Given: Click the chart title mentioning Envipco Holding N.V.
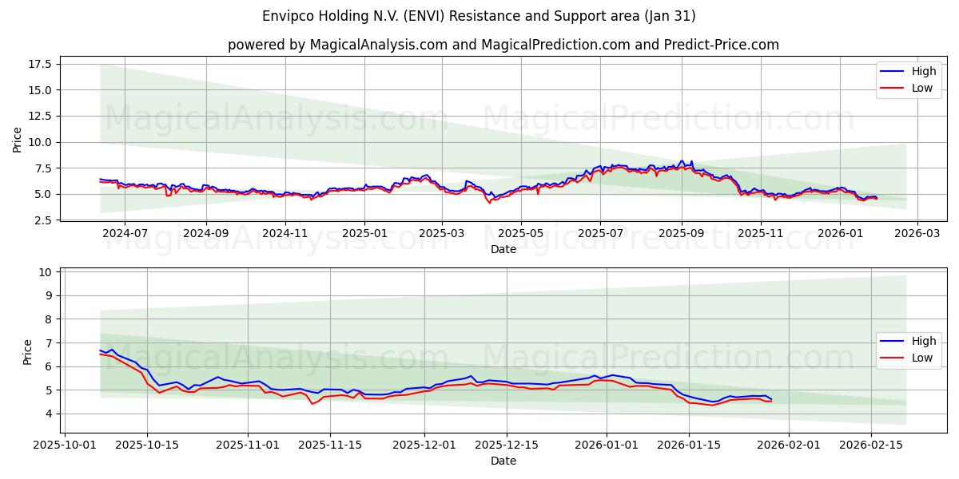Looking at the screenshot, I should (479, 16).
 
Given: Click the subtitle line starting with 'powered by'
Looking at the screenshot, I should (503, 45).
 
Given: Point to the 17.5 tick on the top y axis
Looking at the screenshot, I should (40, 64).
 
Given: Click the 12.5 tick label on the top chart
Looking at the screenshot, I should (40, 116).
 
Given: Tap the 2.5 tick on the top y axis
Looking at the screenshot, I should (43, 220).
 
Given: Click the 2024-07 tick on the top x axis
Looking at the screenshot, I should (125, 234).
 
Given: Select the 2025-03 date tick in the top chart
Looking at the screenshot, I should (442, 234).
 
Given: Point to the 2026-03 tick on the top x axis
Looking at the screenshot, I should (917, 234).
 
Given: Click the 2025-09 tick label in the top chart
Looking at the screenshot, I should (681, 234).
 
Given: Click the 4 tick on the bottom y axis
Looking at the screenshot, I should (49, 414).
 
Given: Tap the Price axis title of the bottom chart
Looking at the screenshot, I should (28, 352).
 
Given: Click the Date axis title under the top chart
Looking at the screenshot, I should (503, 249).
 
